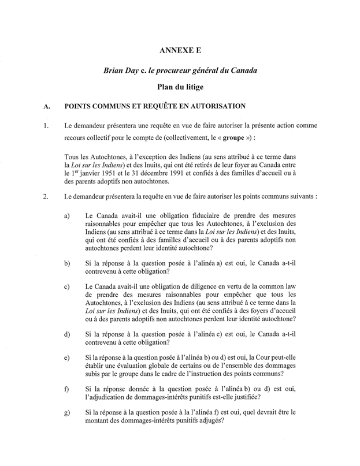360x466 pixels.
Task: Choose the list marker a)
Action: click(67, 215)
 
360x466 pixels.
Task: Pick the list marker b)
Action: click(67, 263)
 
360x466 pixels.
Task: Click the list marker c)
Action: click(67, 286)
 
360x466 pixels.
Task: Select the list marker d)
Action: click(67, 334)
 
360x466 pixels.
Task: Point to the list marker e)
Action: click(67, 359)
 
